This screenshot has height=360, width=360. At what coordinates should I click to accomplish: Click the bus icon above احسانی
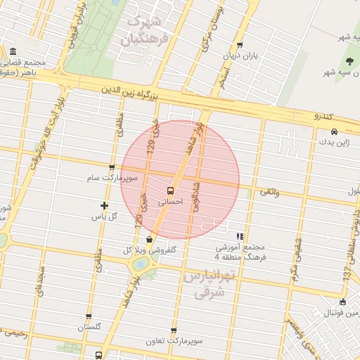pyautogui.click(x=171, y=191)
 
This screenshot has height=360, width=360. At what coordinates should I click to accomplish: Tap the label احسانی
pyautogui.click(x=171, y=202)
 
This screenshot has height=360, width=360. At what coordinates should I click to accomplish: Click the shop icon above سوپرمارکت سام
pyautogui.click(x=112, y=168)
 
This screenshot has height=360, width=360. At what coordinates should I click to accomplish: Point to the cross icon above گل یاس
pyautogui.click(x=105, y=206)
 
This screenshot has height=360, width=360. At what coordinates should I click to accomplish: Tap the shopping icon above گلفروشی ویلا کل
pyautogui.click(x=148, y=240)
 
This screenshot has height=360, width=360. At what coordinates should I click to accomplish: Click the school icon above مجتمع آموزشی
pyautogui.click(x=240, y=237)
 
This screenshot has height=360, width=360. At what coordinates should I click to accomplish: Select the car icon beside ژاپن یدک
pyautogui.click(x=334, y=132)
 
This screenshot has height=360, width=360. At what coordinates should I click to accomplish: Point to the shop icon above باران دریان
pyautogui.click(x=241, y=44)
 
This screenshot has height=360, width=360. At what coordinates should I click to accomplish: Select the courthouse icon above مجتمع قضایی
pyautogui.click(x=14, y=52)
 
